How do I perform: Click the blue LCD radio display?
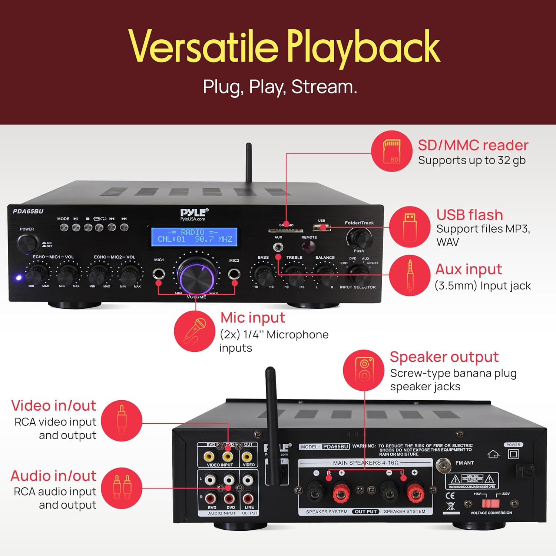194,236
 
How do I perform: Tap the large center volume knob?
196,276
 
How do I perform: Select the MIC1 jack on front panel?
159,274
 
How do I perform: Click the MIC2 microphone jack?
234,274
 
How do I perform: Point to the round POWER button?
27,243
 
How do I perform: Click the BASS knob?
264,275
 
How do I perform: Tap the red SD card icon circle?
392,151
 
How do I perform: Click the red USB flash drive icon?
410,226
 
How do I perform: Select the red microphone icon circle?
195,331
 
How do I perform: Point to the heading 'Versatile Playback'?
284,47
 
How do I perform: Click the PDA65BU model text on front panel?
28,211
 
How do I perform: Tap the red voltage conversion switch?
490,503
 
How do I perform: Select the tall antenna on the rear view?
272,423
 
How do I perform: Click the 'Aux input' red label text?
469,269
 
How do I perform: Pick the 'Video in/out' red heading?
54,406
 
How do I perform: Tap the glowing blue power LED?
19,277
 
